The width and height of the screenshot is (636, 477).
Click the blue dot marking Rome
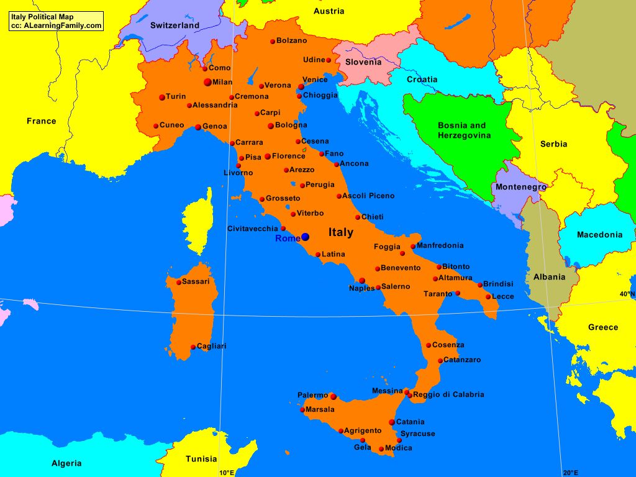point(305,237)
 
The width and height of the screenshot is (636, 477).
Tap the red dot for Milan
point(207,82)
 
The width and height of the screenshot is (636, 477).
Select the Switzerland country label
point(175,25)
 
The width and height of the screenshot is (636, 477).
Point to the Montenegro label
point(520,187)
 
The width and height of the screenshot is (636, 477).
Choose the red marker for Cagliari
point(193,347)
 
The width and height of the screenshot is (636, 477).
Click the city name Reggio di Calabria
point(448,394)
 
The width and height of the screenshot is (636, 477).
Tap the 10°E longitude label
point(227,473)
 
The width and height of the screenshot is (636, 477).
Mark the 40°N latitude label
point(627,294)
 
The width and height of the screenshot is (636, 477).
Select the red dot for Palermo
point(333,396)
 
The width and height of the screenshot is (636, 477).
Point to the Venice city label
point(315,79)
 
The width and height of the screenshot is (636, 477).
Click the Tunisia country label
point(201,459)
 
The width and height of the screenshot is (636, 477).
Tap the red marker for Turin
point(162,97)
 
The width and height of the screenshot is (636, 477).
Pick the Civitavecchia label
point(252,229)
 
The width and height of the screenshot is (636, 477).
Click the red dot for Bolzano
point(272,42)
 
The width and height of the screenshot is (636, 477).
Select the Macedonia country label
point(599,235)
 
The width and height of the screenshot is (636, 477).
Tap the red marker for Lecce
point(488,297)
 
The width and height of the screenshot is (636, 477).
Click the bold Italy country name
point(340,232)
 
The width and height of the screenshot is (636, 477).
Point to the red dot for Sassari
point(179,283)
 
